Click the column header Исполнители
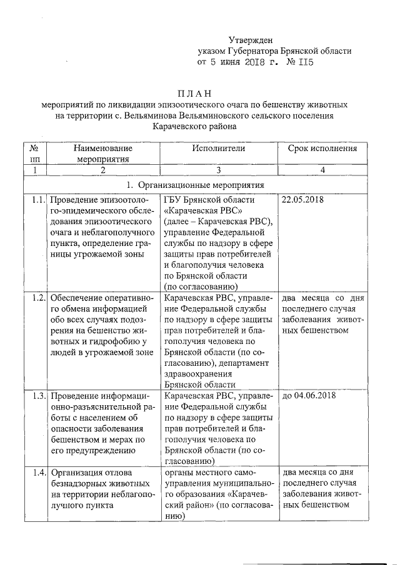click(x=219, y=149)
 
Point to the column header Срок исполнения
click(x=322, y=149)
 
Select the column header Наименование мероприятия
click(x=103, y=154)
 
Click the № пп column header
click(x=35, y=154)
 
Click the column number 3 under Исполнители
click(x=219, y=170)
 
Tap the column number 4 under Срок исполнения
click(x=322, y=170)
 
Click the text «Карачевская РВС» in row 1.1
click(x=197, y=210)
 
